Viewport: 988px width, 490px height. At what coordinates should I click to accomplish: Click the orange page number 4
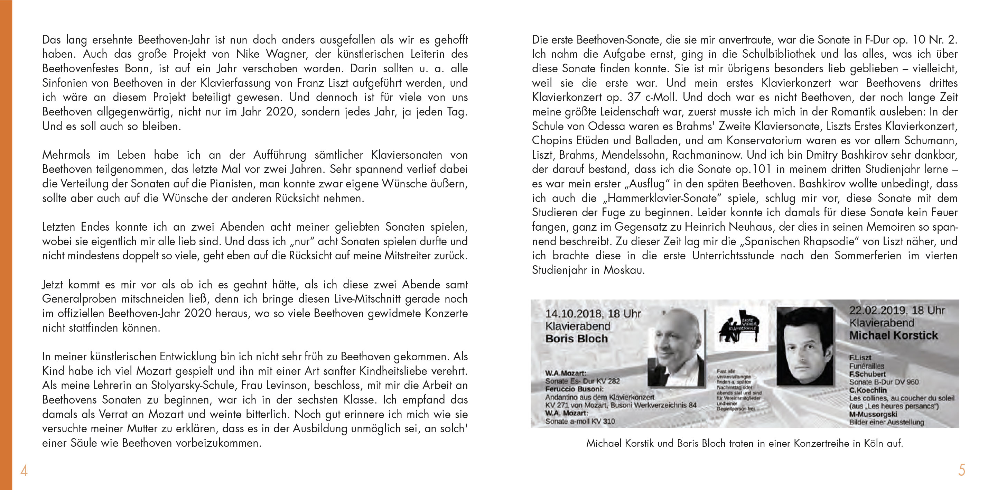pos(24,470)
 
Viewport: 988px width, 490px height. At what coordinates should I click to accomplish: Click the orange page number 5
pos(961,470)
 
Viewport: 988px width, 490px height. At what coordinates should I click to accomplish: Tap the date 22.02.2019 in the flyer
pos(877,311)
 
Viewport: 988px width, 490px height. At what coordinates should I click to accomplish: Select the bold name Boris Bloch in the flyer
pos(577,339)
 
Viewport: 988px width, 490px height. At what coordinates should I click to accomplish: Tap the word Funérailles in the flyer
pos(866,366)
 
